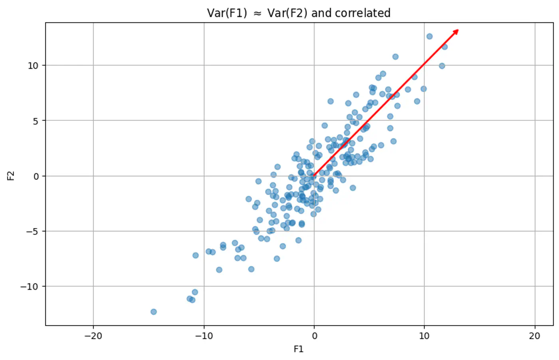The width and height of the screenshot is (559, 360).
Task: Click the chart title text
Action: tap(299, 13)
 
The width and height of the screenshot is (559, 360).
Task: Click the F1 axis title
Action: tap(299, 349)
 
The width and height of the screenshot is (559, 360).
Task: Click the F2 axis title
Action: tap(11, 176)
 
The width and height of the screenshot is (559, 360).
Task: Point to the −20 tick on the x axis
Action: tap(93, 336)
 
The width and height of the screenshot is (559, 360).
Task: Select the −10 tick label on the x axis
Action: tap(204, 336)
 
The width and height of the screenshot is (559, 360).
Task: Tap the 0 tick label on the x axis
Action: tap(314, 336)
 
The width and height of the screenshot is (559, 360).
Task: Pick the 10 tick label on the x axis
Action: tap(424, 336)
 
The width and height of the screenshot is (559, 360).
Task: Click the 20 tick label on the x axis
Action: tap(535, 336)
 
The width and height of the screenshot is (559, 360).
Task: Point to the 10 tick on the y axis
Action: tap(33, 66)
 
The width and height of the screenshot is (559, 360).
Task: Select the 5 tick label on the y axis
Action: tap(36, 121)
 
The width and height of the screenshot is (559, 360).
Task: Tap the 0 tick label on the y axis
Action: tap(36, 176)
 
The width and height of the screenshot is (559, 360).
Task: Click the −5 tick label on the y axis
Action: tap(33, 231)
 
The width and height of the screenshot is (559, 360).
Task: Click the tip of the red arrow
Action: tap(458, 30)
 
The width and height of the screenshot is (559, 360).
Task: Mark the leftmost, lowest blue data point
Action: tap(153, 312)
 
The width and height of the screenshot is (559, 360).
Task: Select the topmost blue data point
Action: tap(430, 36)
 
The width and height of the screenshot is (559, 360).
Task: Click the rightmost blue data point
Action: tap(444, 47)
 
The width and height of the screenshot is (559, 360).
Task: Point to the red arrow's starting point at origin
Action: tap(314, 176)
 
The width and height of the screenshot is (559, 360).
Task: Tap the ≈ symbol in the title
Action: tap(258, 14)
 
